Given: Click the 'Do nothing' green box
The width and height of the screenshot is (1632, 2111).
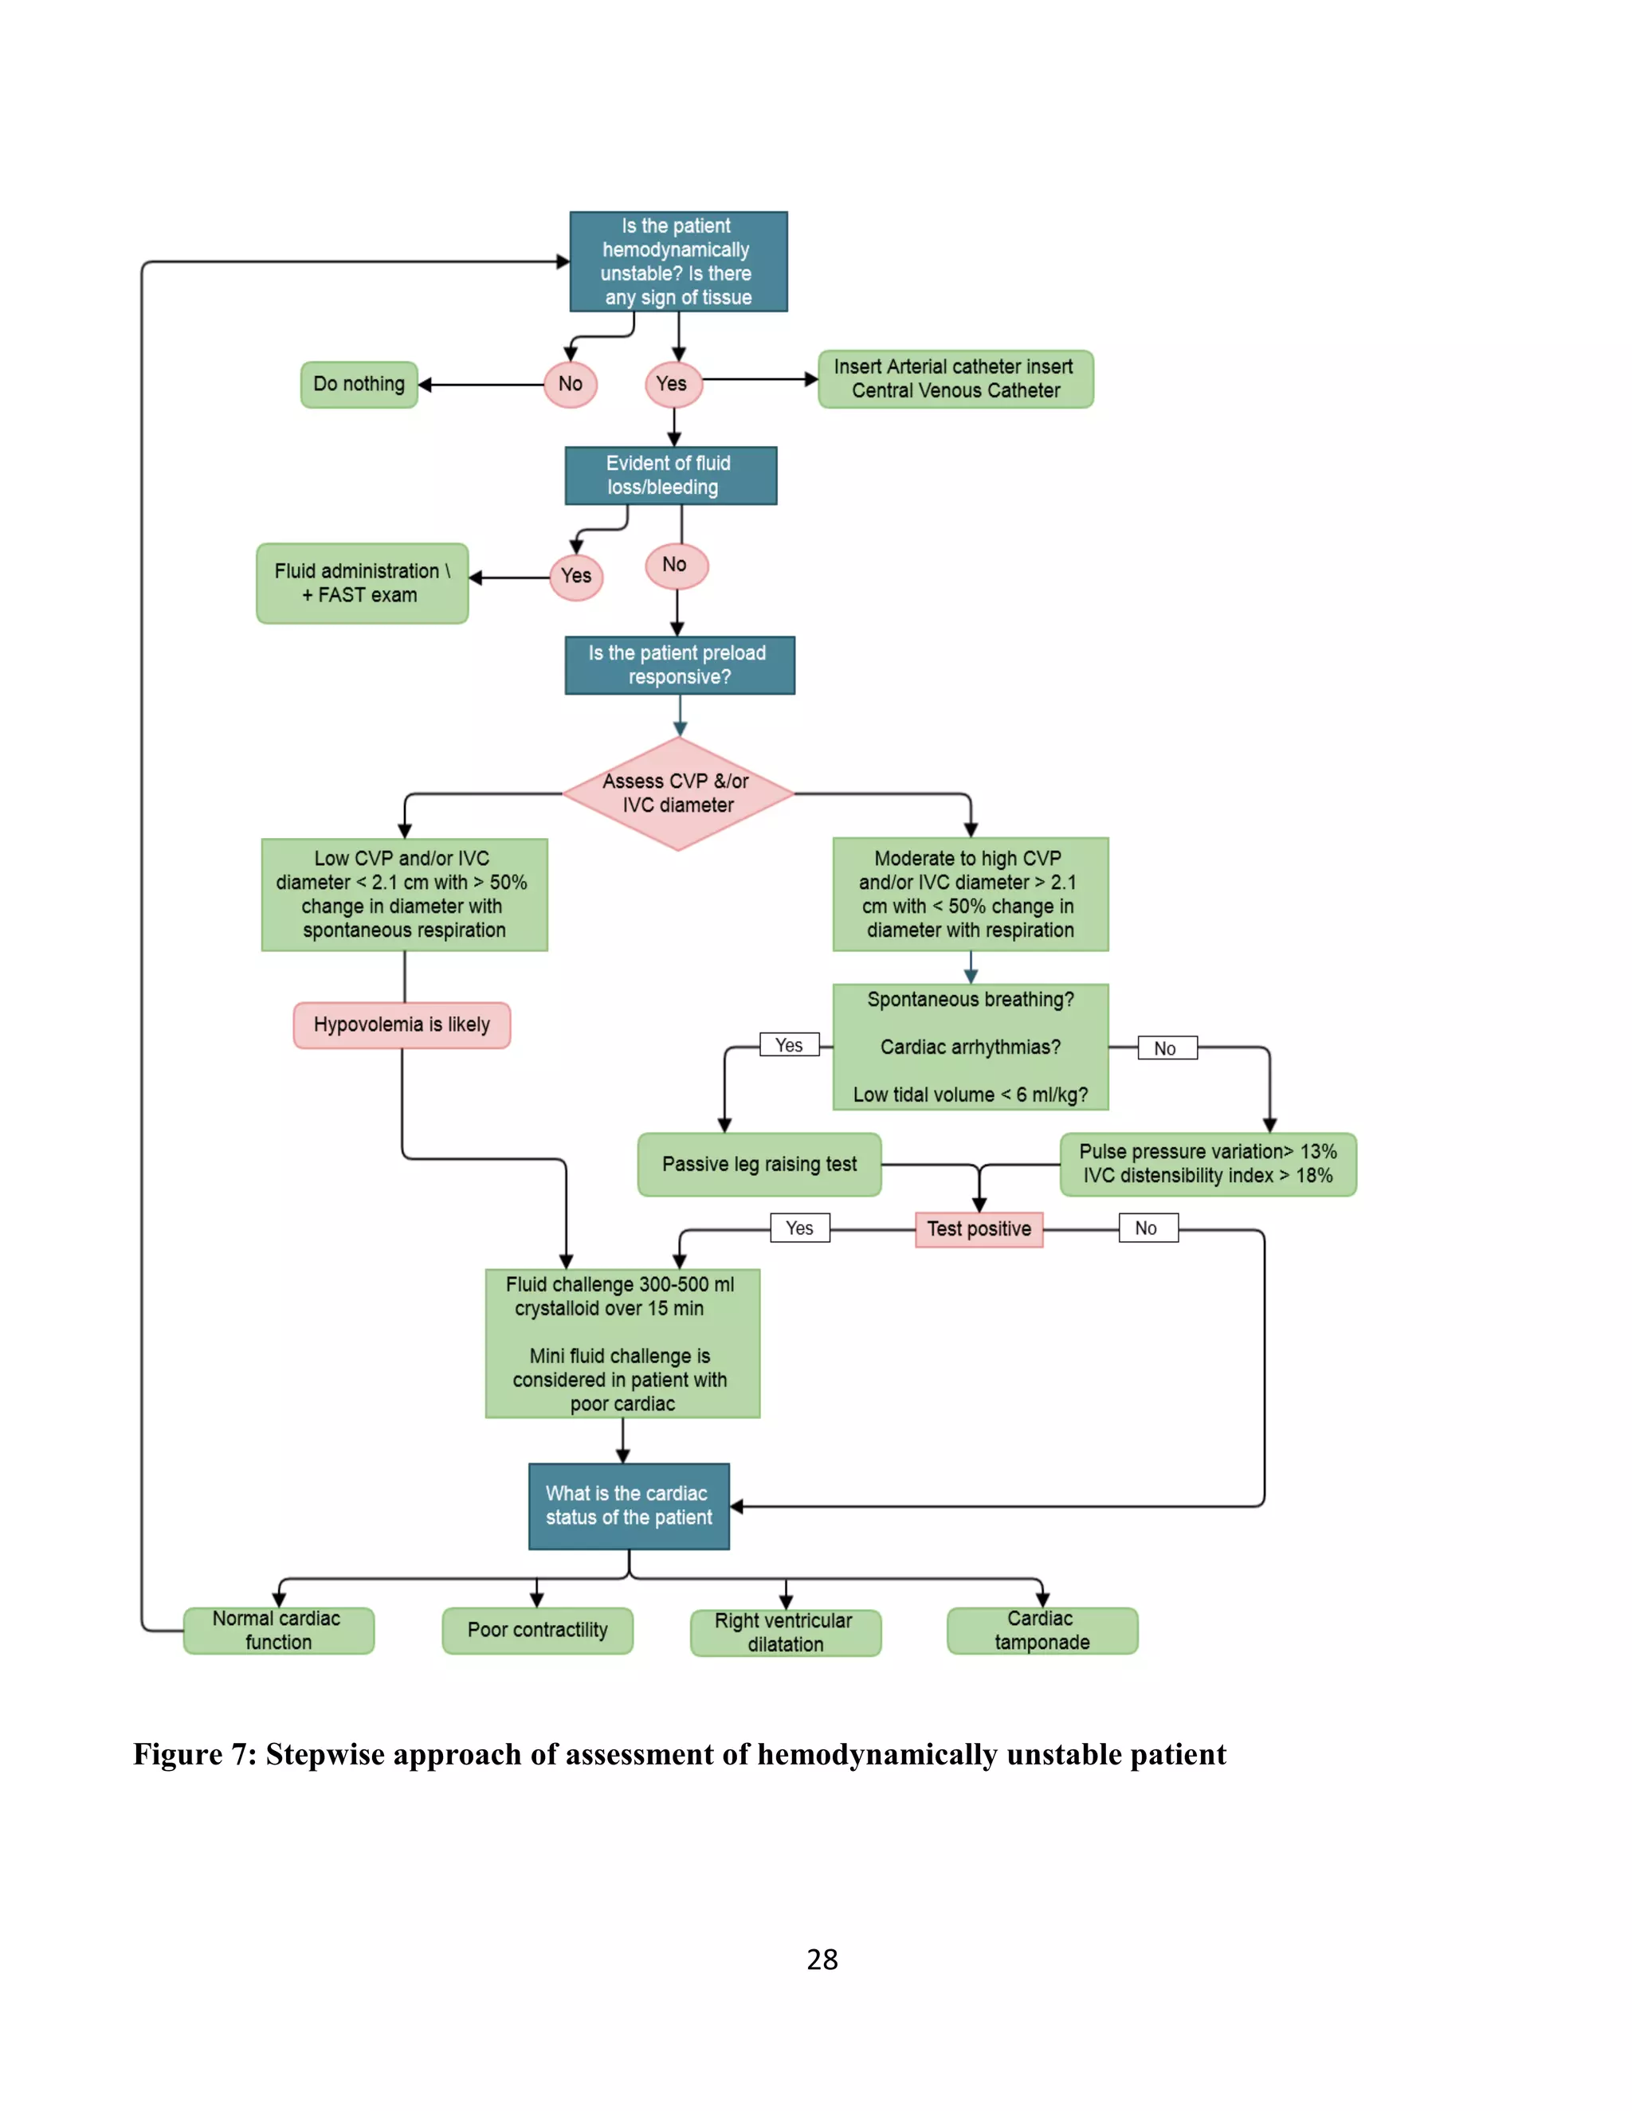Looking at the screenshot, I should pos(359,385).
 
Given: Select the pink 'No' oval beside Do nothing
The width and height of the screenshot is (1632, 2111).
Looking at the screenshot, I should pos(571,385).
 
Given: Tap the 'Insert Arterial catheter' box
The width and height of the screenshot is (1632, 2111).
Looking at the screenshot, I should pos(955,379).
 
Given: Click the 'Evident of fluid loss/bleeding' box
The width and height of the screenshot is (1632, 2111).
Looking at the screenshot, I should pos(670,476).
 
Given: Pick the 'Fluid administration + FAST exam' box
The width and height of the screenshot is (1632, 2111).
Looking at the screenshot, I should pos(362,583).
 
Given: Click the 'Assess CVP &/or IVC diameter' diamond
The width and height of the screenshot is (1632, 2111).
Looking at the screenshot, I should pos(678,793).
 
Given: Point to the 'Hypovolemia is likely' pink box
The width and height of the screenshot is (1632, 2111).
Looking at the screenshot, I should pos(402,1024).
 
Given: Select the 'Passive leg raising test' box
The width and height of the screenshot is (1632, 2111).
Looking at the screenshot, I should pos(759,1165).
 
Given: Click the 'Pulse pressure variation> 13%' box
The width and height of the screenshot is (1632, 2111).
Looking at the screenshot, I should pos(1207,1165).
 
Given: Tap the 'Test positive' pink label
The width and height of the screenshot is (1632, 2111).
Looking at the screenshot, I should pos(979,1229).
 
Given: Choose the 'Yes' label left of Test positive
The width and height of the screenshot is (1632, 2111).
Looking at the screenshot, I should pos(799,1228).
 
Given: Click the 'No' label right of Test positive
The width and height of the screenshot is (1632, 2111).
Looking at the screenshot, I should pos(1147,1228).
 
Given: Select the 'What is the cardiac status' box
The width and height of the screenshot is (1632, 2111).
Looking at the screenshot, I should pos(629,1506).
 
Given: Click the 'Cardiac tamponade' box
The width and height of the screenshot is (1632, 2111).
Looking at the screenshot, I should pos(1042,1631).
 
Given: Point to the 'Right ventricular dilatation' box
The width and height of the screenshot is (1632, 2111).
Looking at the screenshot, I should pos(785,1632).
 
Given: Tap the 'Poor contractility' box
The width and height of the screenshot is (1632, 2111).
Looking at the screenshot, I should pos(538,1631).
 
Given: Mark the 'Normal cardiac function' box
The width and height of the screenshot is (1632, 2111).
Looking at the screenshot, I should pos(278,1631).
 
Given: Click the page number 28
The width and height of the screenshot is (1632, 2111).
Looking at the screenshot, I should pos(822,1960).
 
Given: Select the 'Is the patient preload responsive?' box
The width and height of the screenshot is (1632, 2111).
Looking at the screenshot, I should pos(679,665).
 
